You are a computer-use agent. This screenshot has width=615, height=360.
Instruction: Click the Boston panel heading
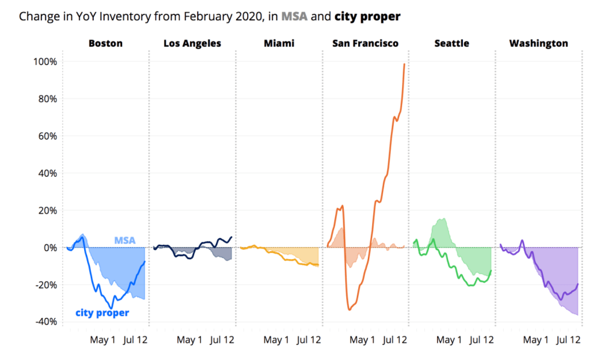[105, 43]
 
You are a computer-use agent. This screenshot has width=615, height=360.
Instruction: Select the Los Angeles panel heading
[192, 43]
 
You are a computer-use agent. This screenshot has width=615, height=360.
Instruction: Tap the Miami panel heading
[278, 43]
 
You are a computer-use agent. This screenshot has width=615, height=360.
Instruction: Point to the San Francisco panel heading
[365, 43]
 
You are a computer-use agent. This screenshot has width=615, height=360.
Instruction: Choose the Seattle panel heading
[451, 43]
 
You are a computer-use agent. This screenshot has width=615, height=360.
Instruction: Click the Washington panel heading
[538, 43]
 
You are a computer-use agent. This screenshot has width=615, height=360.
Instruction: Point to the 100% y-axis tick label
[44, 62]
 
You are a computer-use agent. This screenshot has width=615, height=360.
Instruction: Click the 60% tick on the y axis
[46, 136]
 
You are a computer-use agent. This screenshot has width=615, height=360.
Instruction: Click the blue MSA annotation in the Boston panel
[125, 240]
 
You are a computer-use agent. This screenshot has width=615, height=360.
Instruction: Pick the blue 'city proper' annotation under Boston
[102, 313]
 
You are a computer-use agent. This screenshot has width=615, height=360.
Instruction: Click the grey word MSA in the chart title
[295, 16]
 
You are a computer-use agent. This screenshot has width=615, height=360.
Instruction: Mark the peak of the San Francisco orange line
[404, 64]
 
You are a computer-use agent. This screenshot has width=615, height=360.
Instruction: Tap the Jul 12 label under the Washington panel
[568, 340]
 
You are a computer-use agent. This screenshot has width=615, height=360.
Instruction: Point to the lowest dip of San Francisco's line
[349, 310]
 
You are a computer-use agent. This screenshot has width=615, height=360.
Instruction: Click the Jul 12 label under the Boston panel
[135, 340]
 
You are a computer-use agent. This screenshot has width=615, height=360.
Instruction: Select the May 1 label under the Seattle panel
[449, 340]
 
